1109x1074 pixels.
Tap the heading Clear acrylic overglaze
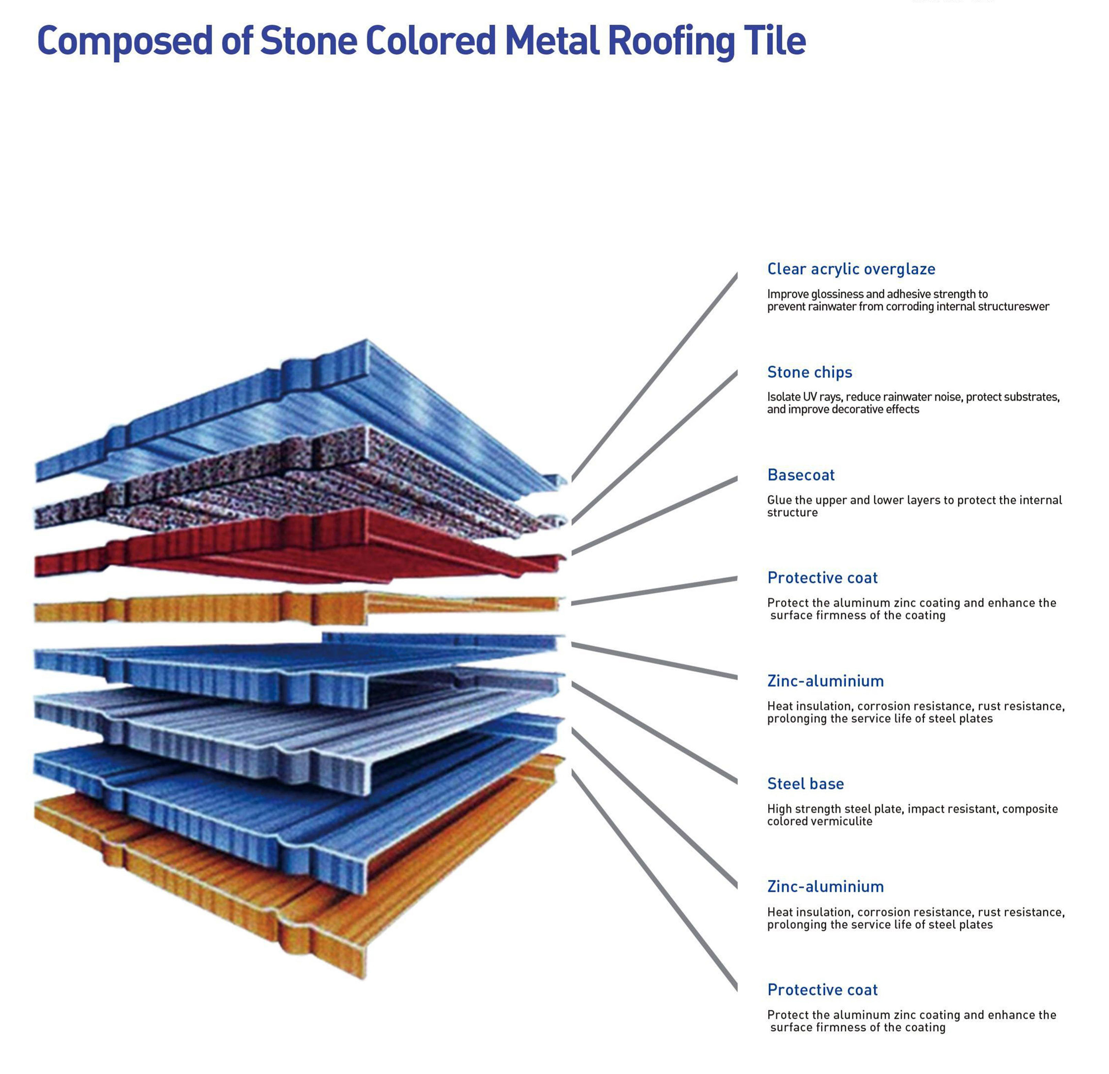tap(851, 269)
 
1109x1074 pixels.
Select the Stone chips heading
tap(809, 372)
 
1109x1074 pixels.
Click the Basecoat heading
tap(801, 475)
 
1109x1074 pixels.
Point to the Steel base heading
tap(805, 784)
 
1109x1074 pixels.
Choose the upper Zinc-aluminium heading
tap(825, 681)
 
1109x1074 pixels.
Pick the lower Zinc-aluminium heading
tap(825, 887)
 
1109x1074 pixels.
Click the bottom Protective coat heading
tap(822, 990)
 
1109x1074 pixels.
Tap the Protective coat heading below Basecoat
tap(822, 578)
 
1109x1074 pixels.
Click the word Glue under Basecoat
tap(779, 500)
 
